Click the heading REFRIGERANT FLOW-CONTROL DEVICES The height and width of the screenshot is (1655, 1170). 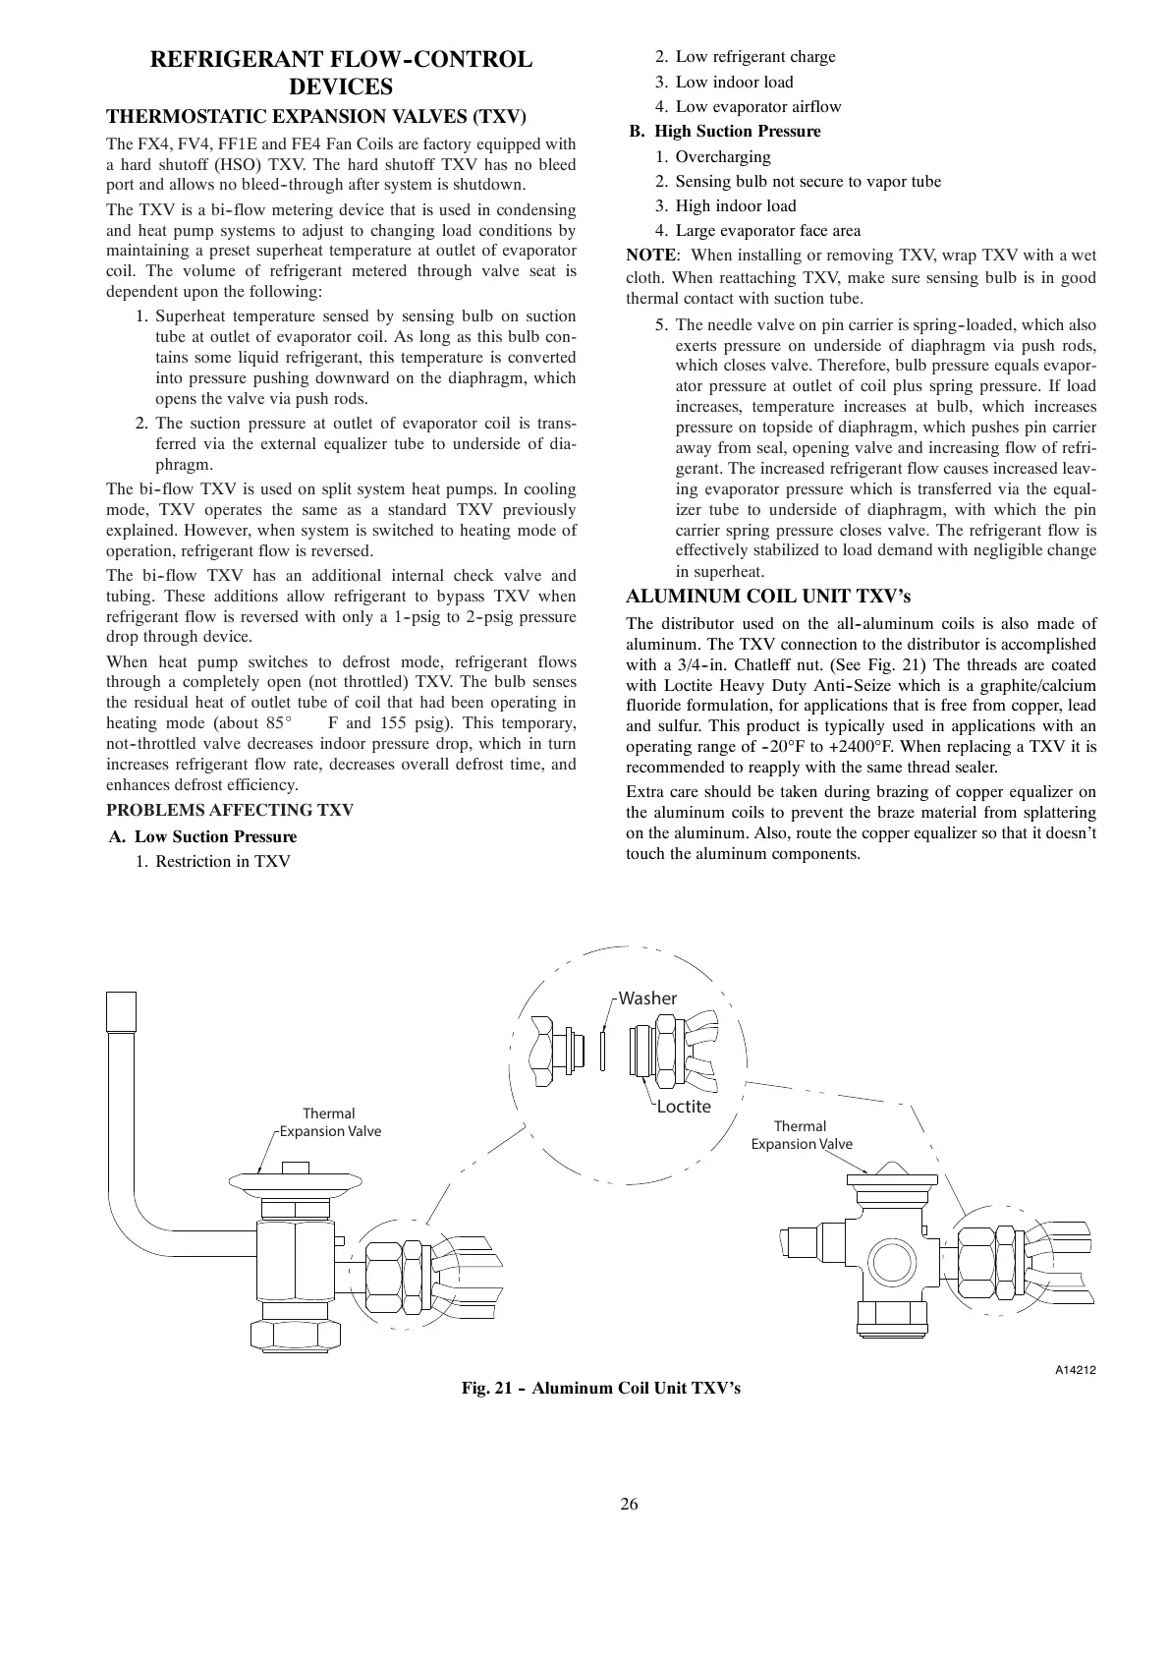(x=340, y=73)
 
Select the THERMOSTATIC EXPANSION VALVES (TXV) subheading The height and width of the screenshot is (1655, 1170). (x=316, y=117)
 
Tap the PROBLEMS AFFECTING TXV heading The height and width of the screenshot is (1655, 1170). (x=229, y=810)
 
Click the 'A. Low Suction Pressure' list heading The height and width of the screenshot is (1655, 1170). (x=202, y=836)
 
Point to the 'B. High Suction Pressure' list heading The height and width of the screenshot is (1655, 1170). (x=725, y=131)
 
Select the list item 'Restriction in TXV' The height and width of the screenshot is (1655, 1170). (x=222, y=861)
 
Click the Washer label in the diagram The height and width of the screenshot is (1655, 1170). (x=647, y=999)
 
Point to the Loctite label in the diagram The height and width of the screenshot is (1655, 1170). (x=683, y=1107)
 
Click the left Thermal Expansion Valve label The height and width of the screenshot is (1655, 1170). (x=329, y=1122)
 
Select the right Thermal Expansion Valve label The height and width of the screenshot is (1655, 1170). (x=801, y=1135)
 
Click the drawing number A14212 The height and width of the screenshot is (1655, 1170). (x=1075, y=1368)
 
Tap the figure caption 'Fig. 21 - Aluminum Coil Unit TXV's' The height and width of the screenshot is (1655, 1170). (x=601, y=1388)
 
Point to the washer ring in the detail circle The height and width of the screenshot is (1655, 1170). (x=602, y=1048)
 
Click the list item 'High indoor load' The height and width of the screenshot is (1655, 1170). (x=735, y=205)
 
